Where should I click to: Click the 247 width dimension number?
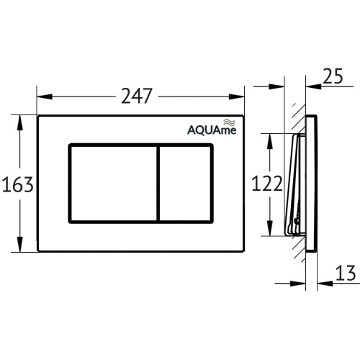pyautogui.click(x=139, y=94)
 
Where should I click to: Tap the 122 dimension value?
pyautogui.click(x=267, y=184)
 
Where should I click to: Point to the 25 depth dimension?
pyautogui.click(x=333, y=77)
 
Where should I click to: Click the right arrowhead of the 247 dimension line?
pyautogui.click(x=241, y=95)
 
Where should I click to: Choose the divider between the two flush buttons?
pyautogui.click(x=158, y=183)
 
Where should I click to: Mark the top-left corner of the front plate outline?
pyautogui.click(x=39, y=115)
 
